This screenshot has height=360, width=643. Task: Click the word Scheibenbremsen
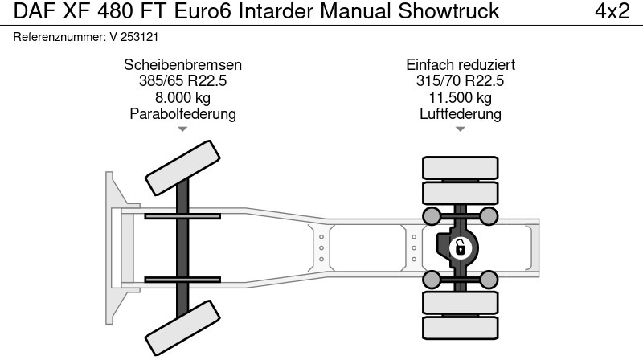pos(183,65)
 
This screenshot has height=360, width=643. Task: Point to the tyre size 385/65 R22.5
pos(183,81)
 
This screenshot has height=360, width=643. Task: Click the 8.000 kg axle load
pos(183,97)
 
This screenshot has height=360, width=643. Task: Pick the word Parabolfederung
pos(183,113)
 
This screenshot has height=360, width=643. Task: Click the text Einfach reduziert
pos(461,65)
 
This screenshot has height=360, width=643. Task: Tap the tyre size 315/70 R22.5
pos(461,81)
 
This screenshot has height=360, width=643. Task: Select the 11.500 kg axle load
pos(461,97)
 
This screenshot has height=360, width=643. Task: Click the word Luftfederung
pos(461,113)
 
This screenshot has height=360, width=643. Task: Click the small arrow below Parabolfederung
pos(183,129)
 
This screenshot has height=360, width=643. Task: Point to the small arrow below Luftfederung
pos(461,129)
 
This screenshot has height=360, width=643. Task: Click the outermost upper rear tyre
pos(461,167)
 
